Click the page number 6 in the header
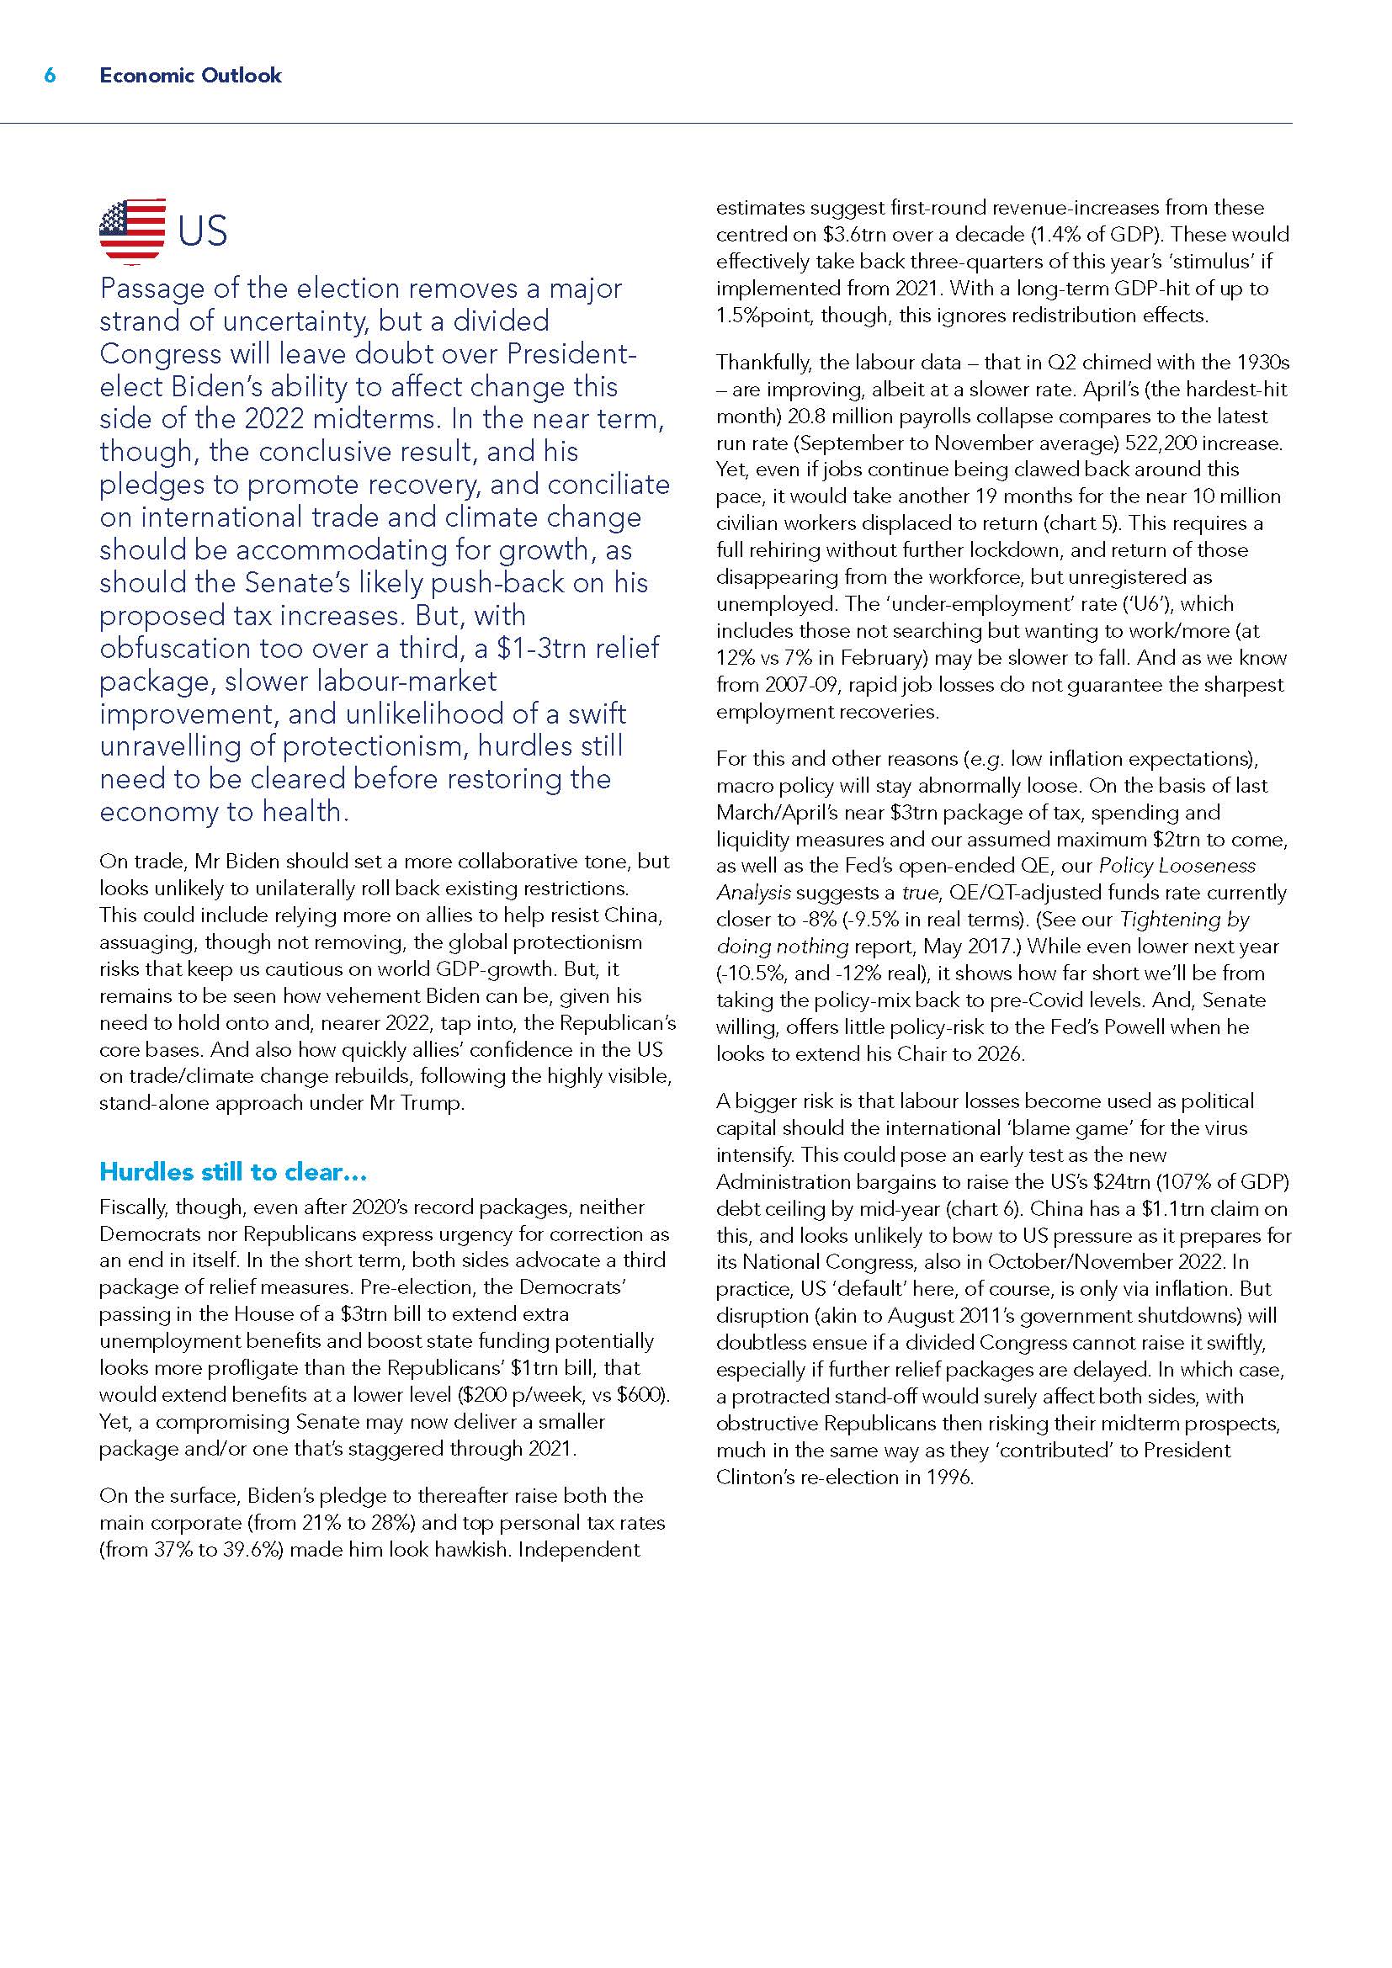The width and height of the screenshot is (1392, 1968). coord(50,76)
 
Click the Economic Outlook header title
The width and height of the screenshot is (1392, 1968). coord(190,76)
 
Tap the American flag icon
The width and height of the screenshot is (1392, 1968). coord(133,231)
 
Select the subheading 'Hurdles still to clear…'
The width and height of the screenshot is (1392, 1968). coord(233,1171)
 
